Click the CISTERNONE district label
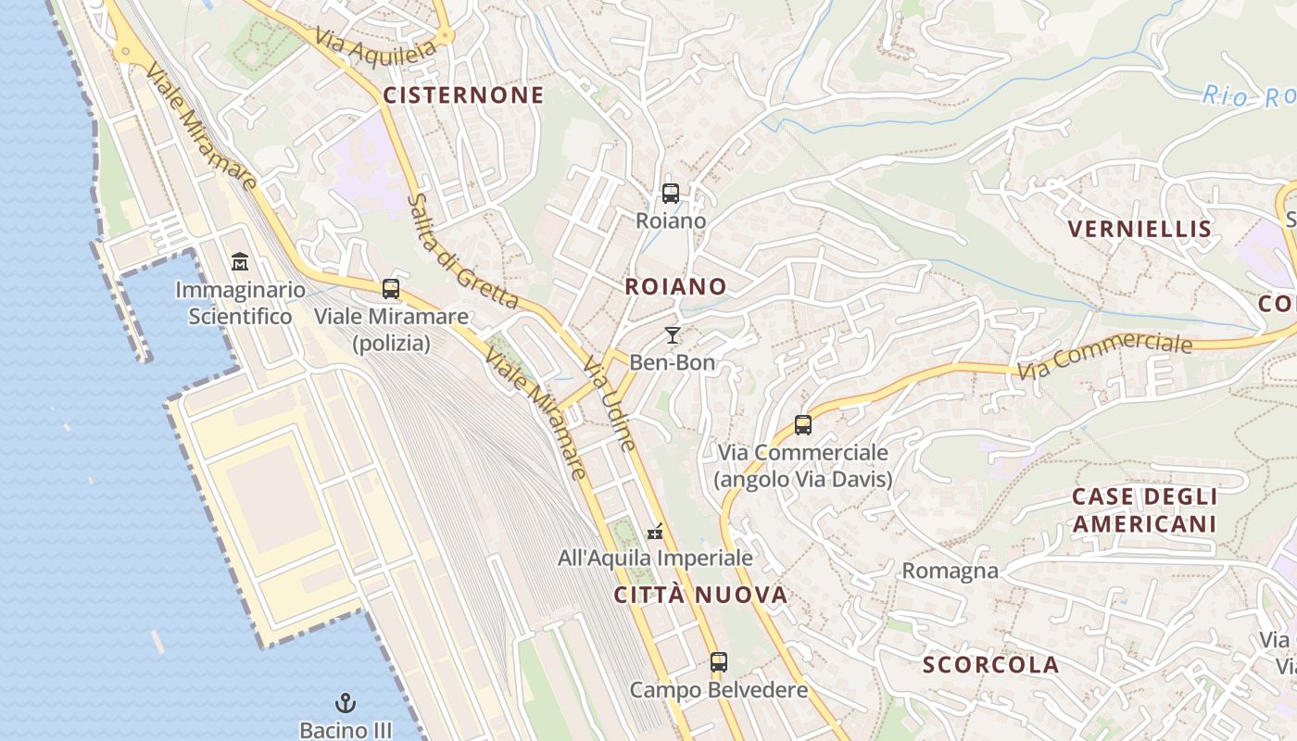click(x=463, y=94)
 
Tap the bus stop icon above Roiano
click(x=671, y=194)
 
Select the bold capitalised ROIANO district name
click(x=675, y=286)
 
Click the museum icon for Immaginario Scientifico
click(x=240, y=262)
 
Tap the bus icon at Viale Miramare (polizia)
click(x=391, y=289)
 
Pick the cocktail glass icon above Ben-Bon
click(x=673, y=335)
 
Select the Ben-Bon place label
click(x=673, y=362)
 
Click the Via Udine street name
click(x=610, y=406)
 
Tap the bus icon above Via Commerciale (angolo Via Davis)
click(x=803, y=425)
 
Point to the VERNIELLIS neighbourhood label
click(x=1140, y=229)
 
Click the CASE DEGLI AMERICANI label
click(x=1144, y=509)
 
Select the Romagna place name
click(x=951, y=571)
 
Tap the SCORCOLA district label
click(x=990, y=664)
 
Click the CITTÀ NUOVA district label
click(x=700, y=595)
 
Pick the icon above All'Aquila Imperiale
click(x=655, y=532)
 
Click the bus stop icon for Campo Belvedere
click(x=719, y=662)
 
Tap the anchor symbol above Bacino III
click(x=346, y=704)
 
